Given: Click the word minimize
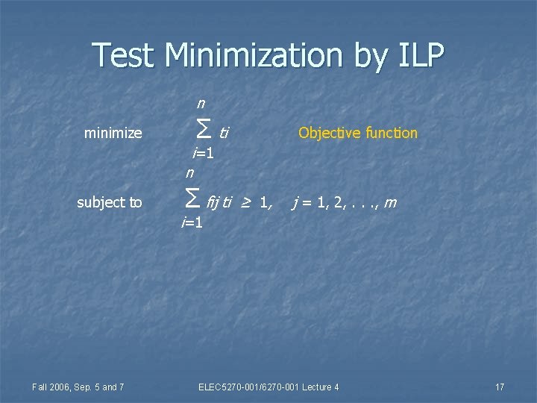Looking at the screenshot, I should (x=113, y=134).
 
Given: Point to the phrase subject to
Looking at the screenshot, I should (x=110, y=201).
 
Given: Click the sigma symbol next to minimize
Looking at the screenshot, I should (x=201, y=132).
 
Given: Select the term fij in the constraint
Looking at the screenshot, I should (x=213, y=201).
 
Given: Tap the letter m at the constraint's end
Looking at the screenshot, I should (x=390, y=201).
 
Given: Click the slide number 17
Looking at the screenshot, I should (x=500, y=387).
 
